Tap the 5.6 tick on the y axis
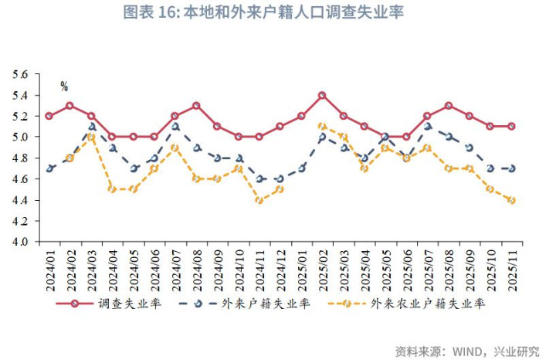click(x=19, y=74)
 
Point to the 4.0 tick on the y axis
click(x=19, y=242)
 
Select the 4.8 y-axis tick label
click(x=19, y=158)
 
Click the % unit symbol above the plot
click(x=64, y=87)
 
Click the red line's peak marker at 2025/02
click(x=322, y=96)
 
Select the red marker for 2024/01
click(x=49, y=116)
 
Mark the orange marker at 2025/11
click(x=511, y=200)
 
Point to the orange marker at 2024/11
click(x=259, y=200)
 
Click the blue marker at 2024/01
click(x=49, y=168)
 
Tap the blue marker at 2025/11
click(x=511, y=168)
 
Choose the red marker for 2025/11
click(x=511, y=127)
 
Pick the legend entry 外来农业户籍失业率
click(x=428, y=304)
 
